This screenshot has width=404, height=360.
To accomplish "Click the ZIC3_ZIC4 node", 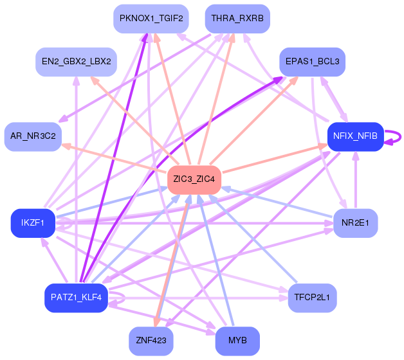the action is [194, 179].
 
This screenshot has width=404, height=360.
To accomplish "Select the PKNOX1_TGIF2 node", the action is [151, 19].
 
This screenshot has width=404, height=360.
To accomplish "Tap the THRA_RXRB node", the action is [237, 19].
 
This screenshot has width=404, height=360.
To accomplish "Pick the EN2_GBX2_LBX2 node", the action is [77, 62].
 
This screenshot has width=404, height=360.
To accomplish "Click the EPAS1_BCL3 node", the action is [312, 62].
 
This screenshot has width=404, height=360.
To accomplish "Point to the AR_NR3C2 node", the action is [33, 136].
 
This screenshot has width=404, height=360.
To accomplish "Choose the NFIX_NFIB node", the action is [356, 136].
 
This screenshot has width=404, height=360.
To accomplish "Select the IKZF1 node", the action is [33, 223].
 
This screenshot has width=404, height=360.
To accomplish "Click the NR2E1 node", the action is [356, 223].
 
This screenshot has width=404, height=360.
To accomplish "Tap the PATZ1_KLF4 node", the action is [77, 298].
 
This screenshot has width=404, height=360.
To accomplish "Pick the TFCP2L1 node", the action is [312, 298].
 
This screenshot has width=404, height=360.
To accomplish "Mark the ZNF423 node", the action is [151, 341].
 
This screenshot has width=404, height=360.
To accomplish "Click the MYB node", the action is [237, 341].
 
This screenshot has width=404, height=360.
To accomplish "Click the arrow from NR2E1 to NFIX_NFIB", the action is [356, 180].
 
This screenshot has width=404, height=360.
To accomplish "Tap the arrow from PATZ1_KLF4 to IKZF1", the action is [55, 260].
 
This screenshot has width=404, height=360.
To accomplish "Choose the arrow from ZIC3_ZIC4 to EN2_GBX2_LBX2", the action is [134, 120].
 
